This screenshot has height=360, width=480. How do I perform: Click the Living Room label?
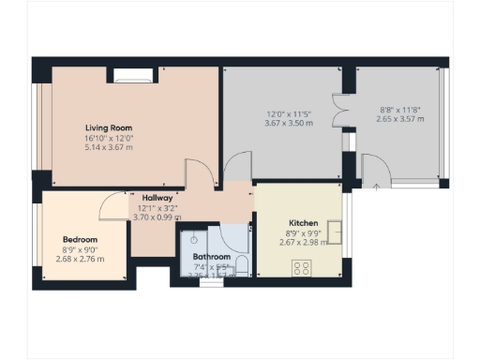click(x=109, y=127)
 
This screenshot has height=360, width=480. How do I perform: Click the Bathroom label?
click(x=211, y=256)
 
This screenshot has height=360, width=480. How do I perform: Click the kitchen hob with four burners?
click(x=303, y=267)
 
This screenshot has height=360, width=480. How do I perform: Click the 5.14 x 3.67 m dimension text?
click(x=109, y=148)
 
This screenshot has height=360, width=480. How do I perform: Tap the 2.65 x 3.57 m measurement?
click(x=400, y=120)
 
